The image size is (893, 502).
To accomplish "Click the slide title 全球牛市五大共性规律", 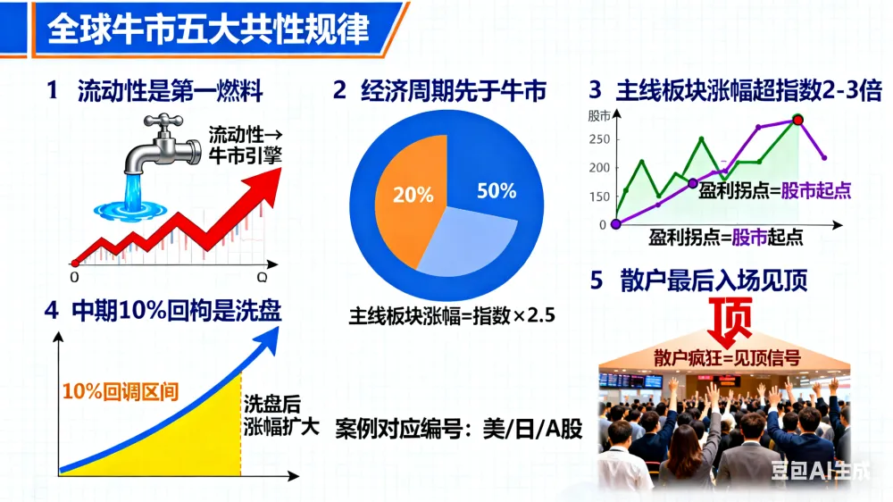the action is coord(208,29).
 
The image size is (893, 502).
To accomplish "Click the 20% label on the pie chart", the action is coord(413,195).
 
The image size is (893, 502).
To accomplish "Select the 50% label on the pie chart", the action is coord(497,191).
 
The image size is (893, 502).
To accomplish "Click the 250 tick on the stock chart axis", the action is coord(599,139).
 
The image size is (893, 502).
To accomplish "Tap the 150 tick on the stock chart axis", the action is coord(599,197).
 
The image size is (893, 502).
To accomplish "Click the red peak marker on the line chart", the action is coord(797,120).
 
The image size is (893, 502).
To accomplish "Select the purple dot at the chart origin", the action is coord(615,224).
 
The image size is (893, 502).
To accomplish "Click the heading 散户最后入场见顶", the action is coord(713,280).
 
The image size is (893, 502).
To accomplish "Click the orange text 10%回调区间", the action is coord(121,391).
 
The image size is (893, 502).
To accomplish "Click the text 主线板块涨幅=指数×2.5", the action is coord(452,315).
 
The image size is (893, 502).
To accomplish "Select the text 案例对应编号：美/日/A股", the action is coord(458,429).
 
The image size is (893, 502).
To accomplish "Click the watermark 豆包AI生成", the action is coord(821,471).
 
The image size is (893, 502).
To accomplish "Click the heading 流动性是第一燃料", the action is coord(171,91).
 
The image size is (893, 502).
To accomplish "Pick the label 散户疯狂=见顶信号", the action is coord(727,358).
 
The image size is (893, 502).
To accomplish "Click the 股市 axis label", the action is coord(599,116).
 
